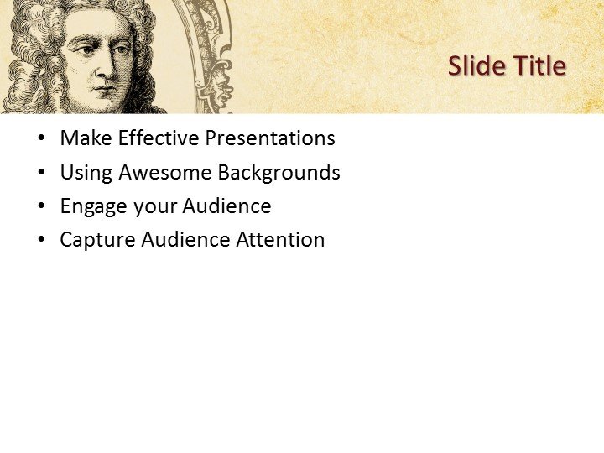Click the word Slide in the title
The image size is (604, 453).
coord(474,65)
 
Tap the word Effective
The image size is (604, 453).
coord(157,138)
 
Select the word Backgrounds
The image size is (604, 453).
coord(279,173)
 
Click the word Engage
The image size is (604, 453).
coord(92,206)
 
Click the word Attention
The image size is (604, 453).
coord(280,240)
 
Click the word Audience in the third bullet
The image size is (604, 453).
coord(226,206)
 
